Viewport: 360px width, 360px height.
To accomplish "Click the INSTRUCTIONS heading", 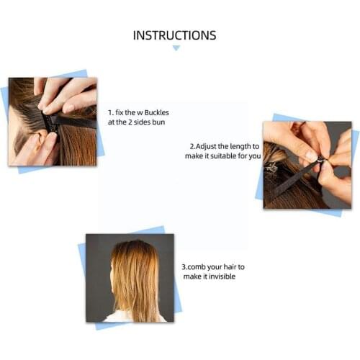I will click(175, 35).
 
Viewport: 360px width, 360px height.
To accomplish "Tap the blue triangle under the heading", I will click(176, 48).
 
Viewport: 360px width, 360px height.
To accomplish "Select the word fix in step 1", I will click(122, 113).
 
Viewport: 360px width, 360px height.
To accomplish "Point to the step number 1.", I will click(110, 113).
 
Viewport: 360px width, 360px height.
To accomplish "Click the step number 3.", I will click(184, 266).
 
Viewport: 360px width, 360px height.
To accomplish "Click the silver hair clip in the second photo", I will click(273, 168).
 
